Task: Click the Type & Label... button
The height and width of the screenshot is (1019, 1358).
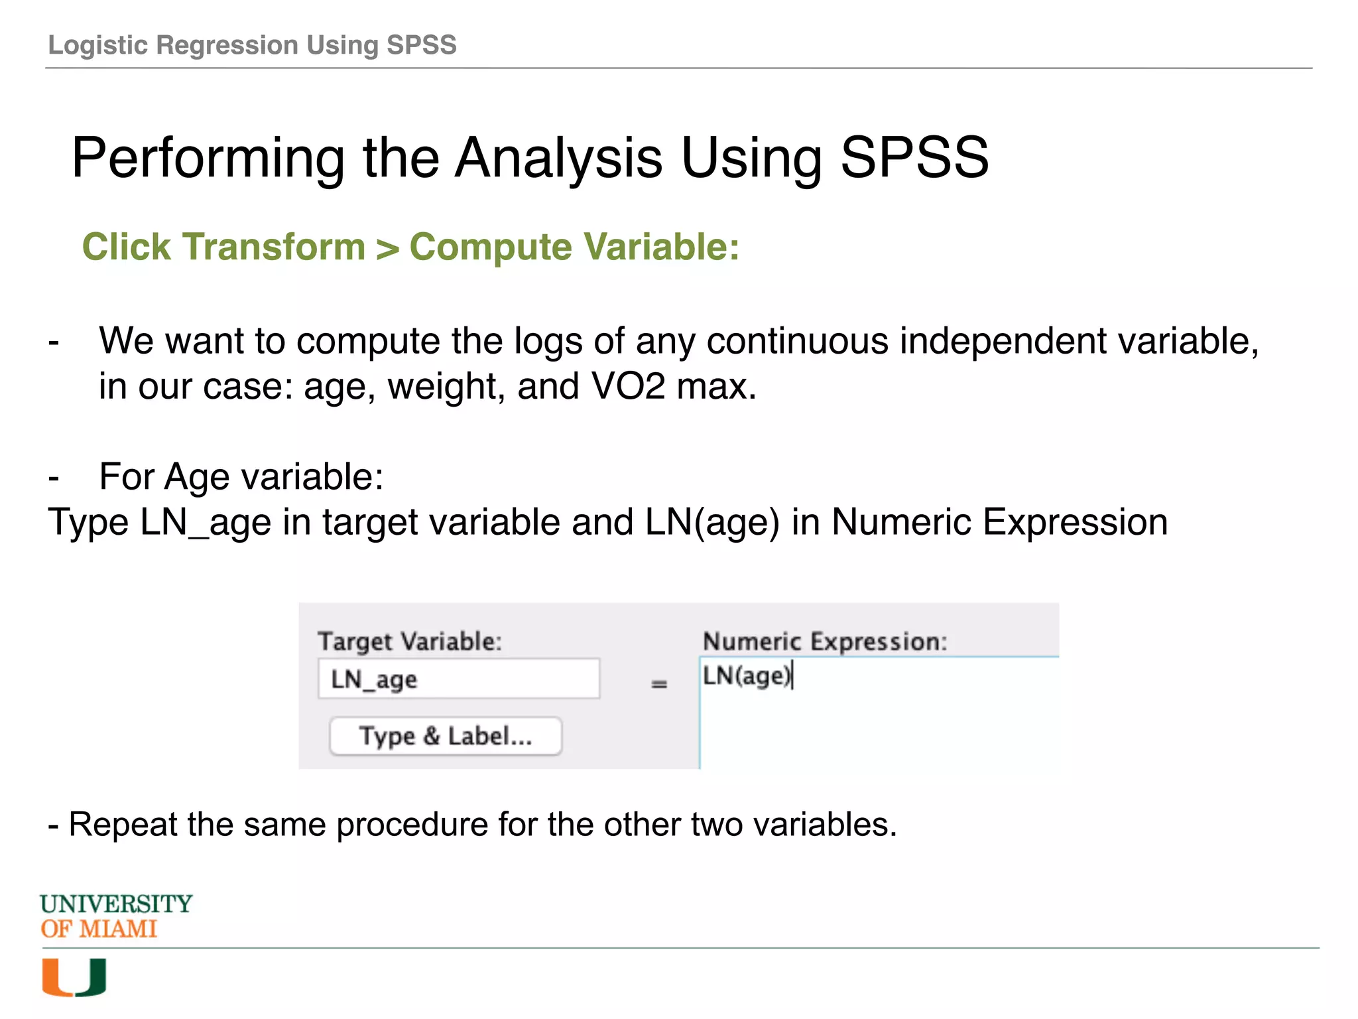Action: [446, 736]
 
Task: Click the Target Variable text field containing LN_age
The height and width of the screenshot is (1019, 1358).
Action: [458, 679]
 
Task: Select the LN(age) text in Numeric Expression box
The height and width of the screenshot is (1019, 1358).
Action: [747, 676]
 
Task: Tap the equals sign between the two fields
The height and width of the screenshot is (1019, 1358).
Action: [658, 684]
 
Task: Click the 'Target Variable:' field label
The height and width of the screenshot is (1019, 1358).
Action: [410, 642]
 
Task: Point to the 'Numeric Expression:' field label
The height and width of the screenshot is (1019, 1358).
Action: [825, 642]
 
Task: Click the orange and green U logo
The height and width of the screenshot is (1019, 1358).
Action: [74, 977]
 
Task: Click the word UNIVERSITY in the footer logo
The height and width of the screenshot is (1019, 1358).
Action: [116, 904]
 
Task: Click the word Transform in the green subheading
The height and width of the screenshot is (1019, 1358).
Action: [275, 247]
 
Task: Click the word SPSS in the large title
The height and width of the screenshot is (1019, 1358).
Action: [914, 158]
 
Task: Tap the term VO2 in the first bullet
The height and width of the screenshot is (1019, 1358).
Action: [627, 386]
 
